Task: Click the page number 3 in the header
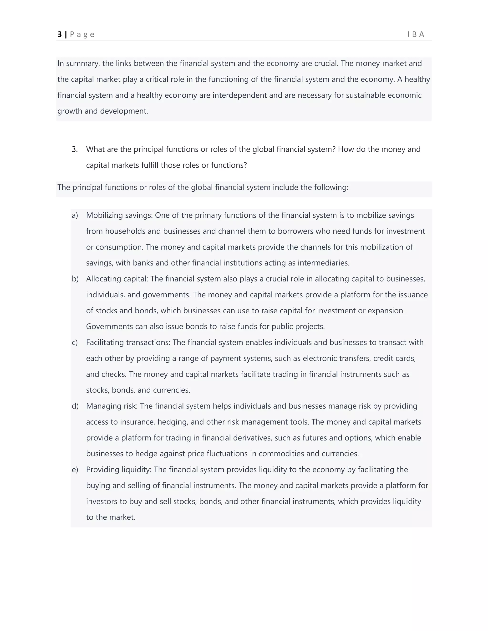(x=60, y=34)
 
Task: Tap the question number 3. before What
(x=75, y=149)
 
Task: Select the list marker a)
(x=75, y=215)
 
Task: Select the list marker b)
(x=75, y=279)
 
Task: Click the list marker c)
(x=75, y=342)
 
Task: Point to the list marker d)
(x=75, y=406)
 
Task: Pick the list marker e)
(x=75, y=470)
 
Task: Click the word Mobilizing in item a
(x=105, y=215)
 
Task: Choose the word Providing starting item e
(x=103, y=470)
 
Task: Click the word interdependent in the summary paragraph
(x=240, y=95)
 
